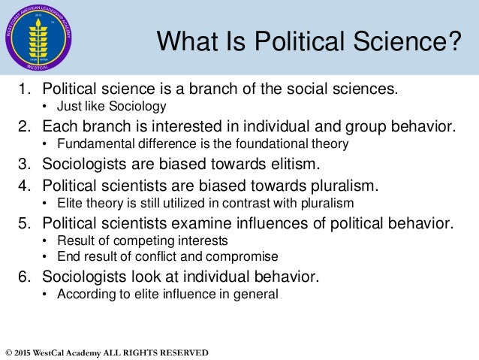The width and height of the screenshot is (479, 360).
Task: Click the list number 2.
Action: coord(23,125)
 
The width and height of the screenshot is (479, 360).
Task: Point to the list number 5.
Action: coord(23,222)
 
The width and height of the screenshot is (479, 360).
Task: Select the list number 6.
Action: coord(23,277)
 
